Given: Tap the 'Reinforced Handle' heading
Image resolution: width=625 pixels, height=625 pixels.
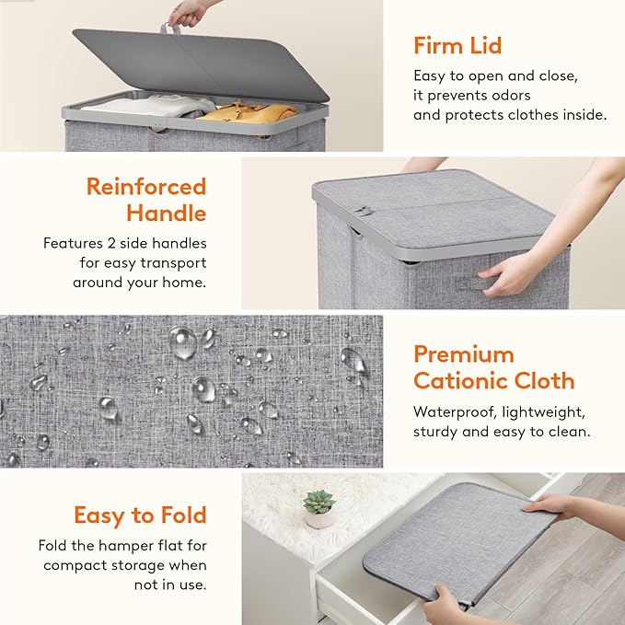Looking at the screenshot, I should tap(145, 200).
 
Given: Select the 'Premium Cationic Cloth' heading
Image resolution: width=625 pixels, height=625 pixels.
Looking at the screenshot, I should tap(493, 367).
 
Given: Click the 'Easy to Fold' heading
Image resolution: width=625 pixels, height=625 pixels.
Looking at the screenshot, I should tap(140, 515).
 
